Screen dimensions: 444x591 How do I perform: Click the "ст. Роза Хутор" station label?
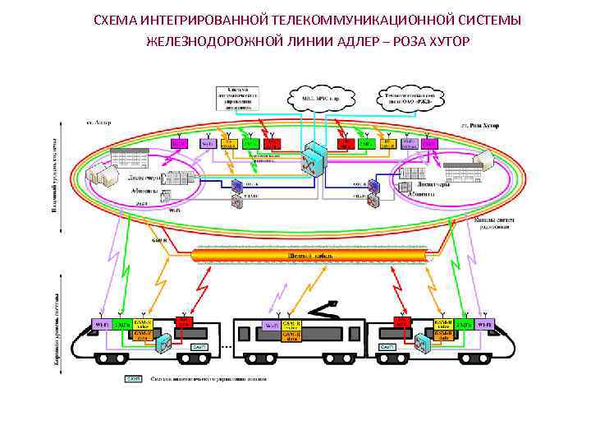point(480,125)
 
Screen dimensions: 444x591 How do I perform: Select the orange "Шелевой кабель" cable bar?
point(310,256)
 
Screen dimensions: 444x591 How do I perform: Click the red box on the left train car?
point(184,324)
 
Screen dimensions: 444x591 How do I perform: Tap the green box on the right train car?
point(465,325)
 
